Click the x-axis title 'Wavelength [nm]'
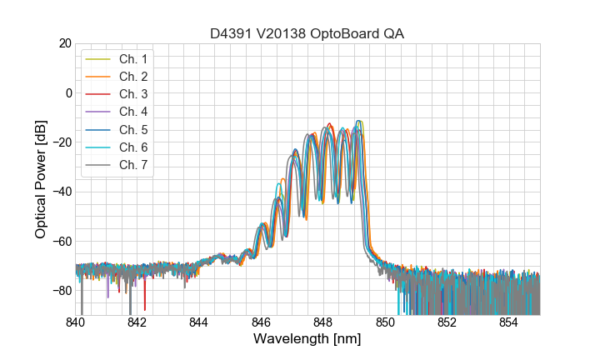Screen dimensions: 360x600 pyautogui.click(x=307, y=339)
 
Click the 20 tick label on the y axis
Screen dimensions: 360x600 pyautogui.click(x=63, y=43)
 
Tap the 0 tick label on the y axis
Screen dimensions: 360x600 pyautogui.click(x=67, y=92)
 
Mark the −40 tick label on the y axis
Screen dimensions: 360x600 pyautogui.click(x=61, y=192)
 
